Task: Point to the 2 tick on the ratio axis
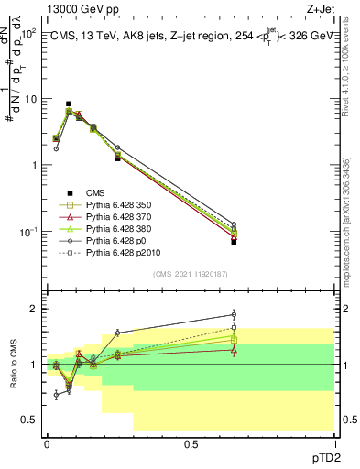click(x=34, y=309)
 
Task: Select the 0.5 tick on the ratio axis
click(x=30, y=420)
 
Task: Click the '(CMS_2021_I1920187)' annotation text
click(x=191, y=273)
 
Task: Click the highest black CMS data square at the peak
click(x=69, y=104)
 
